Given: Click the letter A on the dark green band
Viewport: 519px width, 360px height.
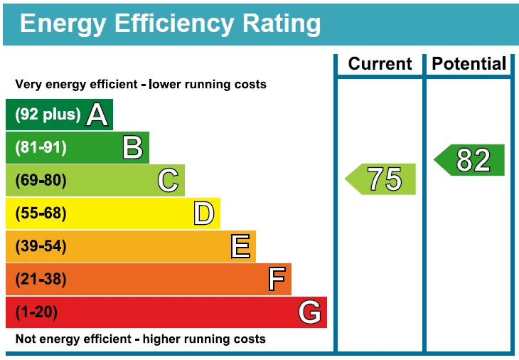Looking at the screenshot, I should [97, 115].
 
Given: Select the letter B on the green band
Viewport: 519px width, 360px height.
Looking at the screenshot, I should [132, 147].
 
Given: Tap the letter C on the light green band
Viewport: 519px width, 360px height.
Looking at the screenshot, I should [168, 180].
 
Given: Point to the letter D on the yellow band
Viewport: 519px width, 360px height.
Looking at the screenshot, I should [203, 213].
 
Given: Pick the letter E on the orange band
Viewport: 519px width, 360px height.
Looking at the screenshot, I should [240, 246].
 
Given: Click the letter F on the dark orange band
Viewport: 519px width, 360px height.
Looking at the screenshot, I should [277, 279].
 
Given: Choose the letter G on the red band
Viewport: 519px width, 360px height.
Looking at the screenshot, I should [310, 312].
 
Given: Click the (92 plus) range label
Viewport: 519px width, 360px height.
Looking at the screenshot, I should [48, 115].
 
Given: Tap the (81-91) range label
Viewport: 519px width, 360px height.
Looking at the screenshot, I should [41, 147].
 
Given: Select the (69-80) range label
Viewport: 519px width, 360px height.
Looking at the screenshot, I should [41, 180].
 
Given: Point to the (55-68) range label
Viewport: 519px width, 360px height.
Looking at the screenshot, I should [41, 213].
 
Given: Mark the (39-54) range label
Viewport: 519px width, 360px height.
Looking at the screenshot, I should [41, 246].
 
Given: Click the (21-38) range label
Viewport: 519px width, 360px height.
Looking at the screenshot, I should [41, 279].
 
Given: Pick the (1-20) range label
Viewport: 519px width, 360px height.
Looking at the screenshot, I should [36, 312].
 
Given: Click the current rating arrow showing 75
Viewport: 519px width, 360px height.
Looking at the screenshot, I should [382, 179].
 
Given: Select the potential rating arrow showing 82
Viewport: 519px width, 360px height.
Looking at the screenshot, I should [471, 160].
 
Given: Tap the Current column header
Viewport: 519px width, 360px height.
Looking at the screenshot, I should [380, 64].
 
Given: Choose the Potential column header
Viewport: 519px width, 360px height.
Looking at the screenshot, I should [469, 64].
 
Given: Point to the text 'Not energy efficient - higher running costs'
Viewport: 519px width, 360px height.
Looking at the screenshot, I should [141, 339].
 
